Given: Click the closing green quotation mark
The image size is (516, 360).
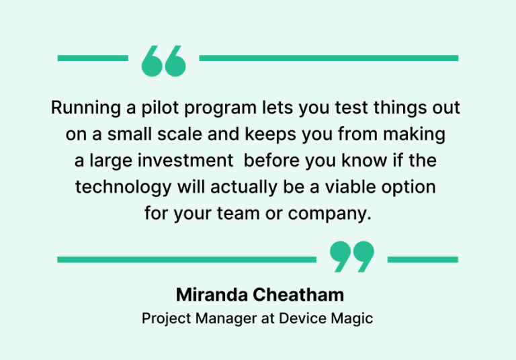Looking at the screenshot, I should [x=352, y=257].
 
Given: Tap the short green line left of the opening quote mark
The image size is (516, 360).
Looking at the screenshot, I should [x=92, y=58].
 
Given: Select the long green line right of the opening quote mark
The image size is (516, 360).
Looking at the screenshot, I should [x=329, y=58].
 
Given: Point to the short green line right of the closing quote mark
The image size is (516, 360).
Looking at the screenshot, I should [x=423, y=259].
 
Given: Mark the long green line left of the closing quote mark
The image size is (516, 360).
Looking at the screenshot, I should [x=186, y=259].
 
